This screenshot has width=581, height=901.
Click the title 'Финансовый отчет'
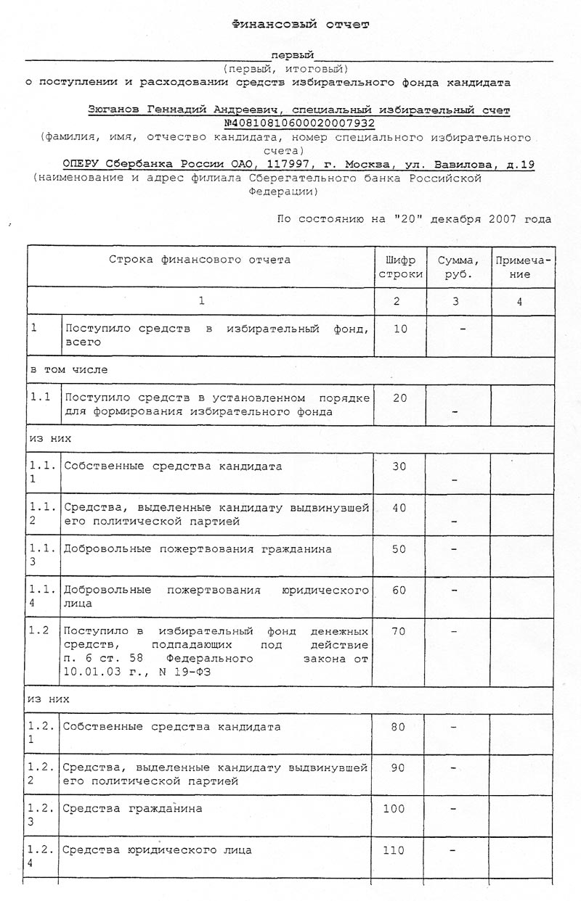coord(300,24)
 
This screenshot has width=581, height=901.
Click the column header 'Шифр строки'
coord(399,267)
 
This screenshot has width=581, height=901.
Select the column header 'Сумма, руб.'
coord(457,267)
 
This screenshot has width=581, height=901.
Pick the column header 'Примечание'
coord(521,267)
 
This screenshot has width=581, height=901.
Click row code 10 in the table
coord(399,329)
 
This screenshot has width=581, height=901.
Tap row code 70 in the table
coord(398,631)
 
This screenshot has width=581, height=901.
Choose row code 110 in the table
coord(394,849)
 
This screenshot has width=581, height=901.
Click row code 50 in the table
coord(399,549)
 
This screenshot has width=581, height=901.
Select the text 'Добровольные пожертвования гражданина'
coord(198,549)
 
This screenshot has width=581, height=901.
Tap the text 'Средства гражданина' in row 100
coord(132,807)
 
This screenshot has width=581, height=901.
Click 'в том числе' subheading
coord(68,369)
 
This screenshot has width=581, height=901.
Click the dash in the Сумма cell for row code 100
coord(453,807)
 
